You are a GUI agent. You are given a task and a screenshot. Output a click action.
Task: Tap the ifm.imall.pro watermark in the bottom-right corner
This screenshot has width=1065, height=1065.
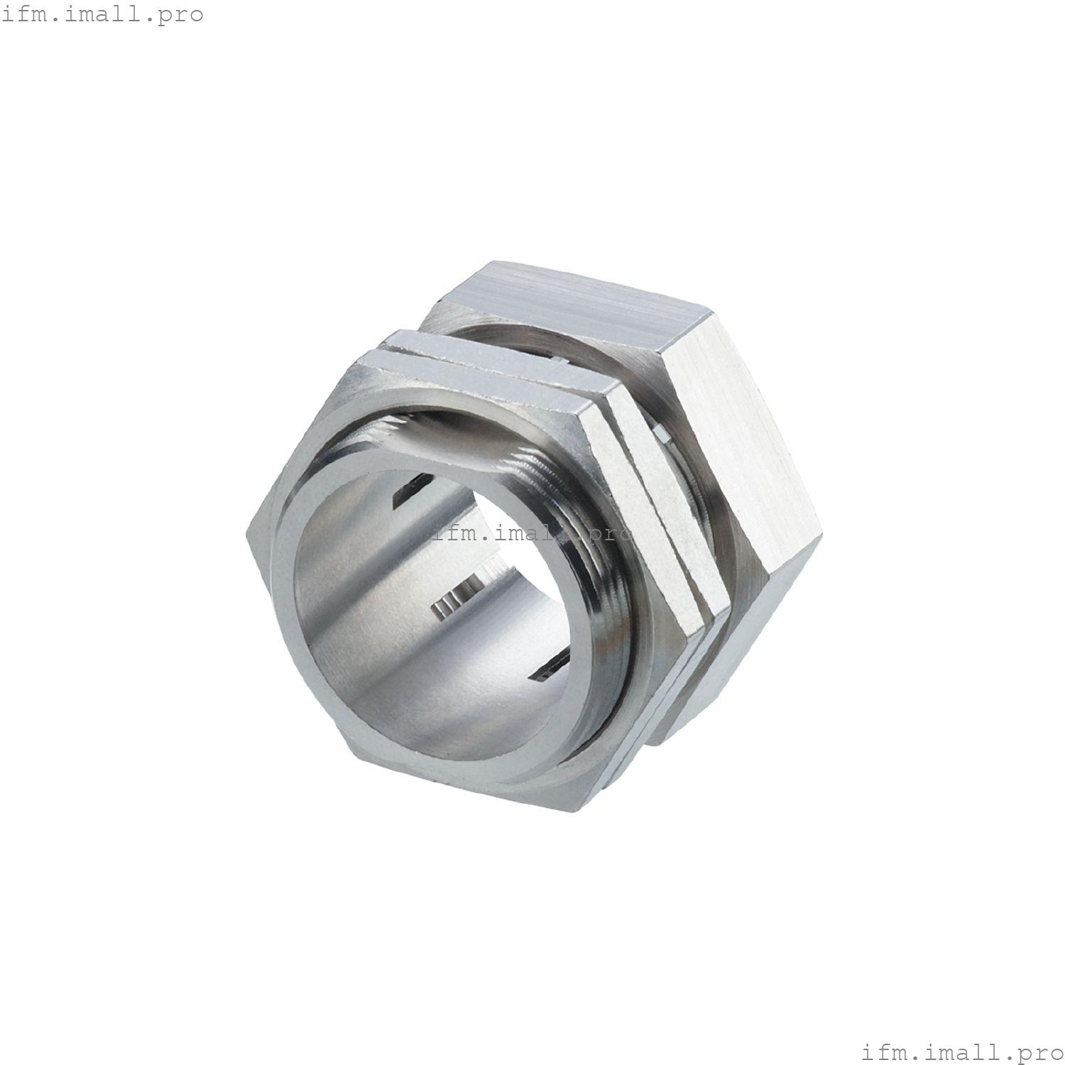(x=962, y=1051)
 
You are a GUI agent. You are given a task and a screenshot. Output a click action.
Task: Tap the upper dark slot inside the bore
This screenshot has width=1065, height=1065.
(x=407, y=493)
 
